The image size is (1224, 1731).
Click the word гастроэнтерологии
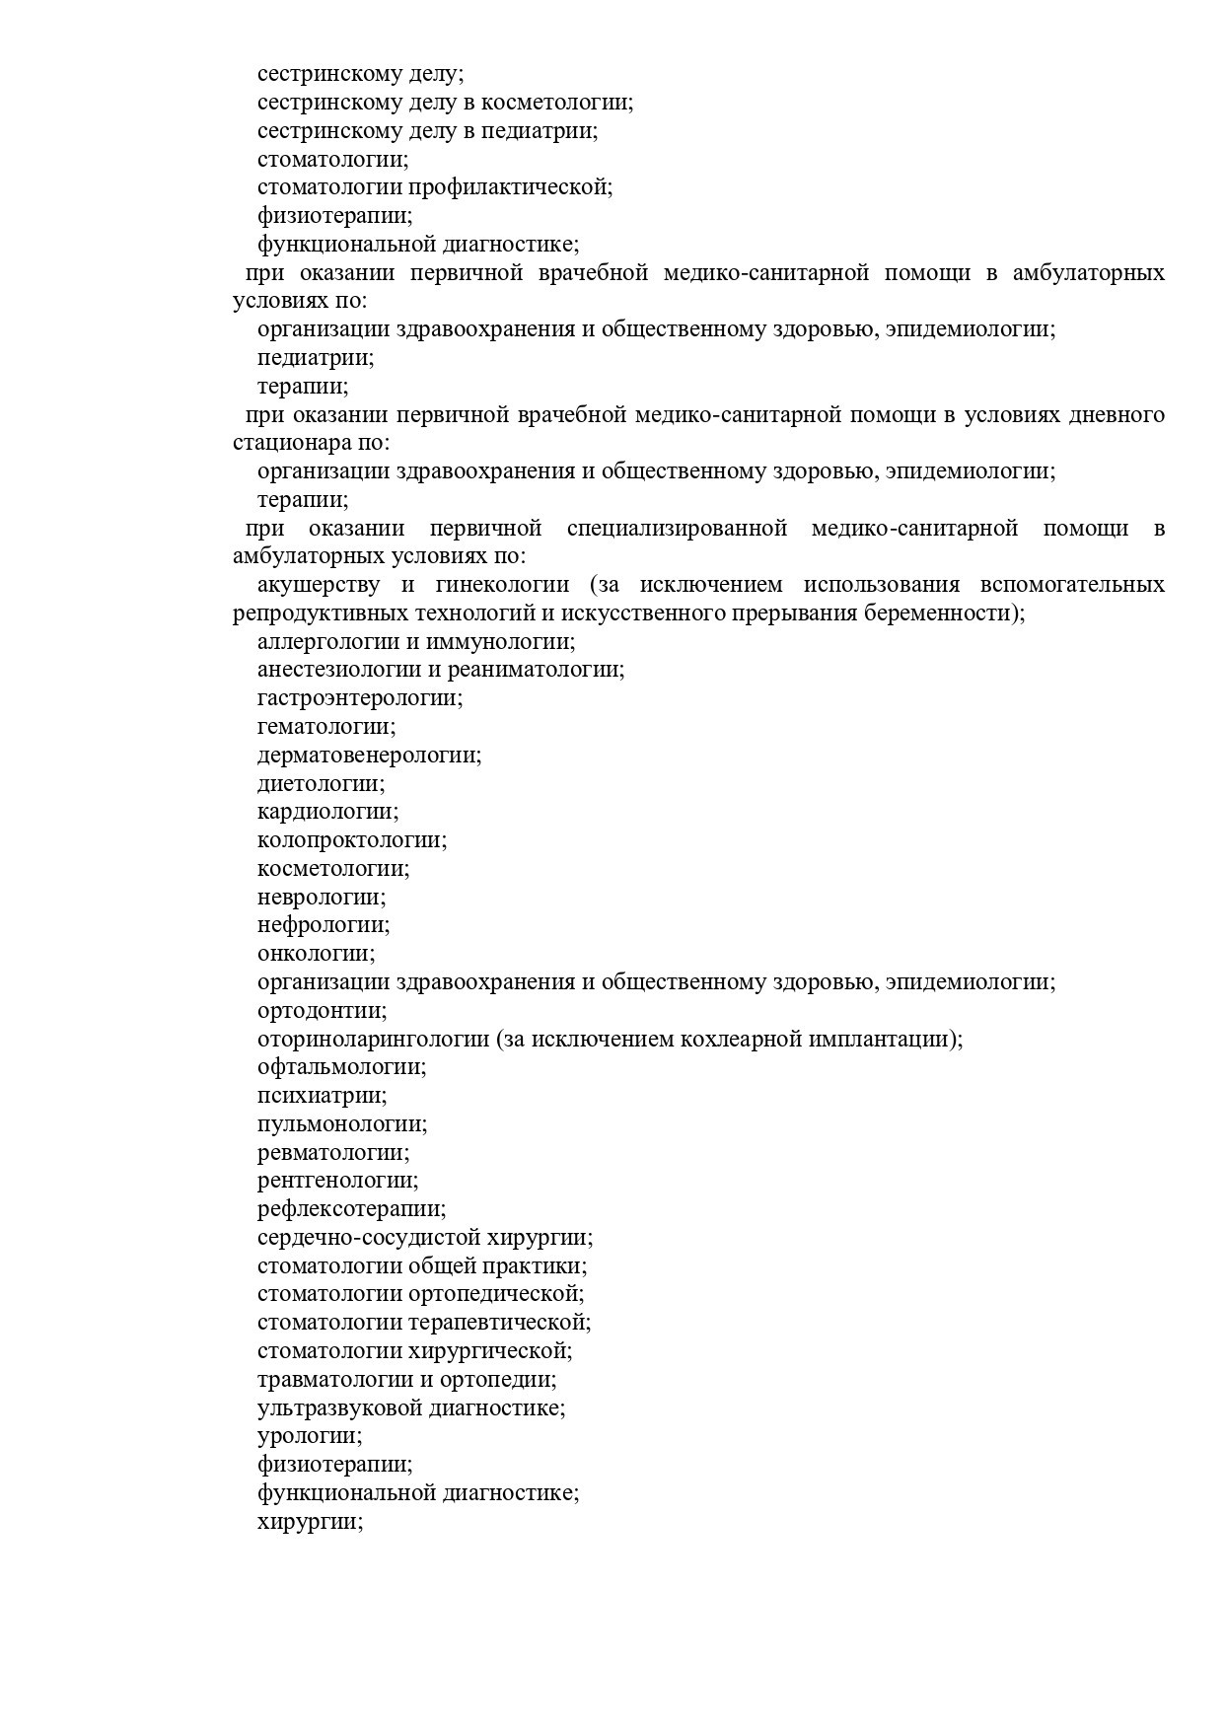tap(359, 698)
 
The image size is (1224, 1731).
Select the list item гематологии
tap(325, 727)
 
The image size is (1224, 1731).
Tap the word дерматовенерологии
tap(369, 756)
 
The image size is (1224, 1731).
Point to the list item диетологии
tap(321, 784)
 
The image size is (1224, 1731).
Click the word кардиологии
tap(327, 812)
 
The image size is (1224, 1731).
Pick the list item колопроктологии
tap(351, 840)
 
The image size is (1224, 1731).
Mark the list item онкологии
tap(316, 954)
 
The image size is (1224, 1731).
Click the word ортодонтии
tap(322, 1011)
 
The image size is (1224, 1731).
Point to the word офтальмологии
tap(341, 1067)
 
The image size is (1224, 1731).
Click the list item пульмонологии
tap(342, 1124)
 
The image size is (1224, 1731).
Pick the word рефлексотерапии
tap(351, 1209)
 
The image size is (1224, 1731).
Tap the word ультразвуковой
tap(339, 1408)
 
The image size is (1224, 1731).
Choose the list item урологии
tap(309, 1437)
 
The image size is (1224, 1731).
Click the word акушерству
tap(318, 585)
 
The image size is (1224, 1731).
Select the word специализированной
tap(677, 529)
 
